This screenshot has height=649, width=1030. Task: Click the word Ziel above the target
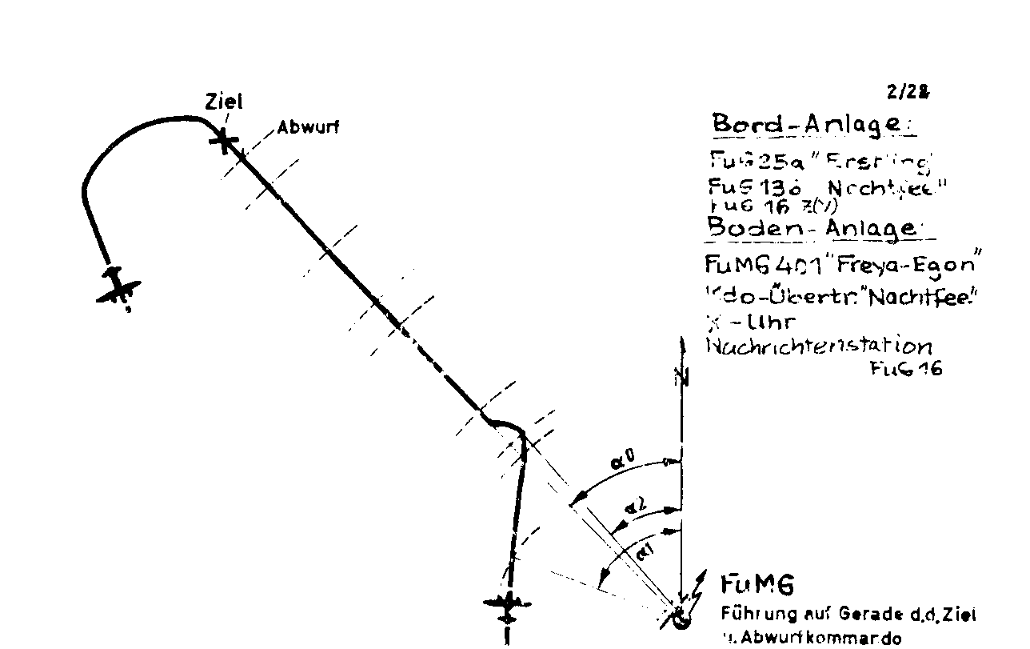pyautogui.click(x=224, y=102)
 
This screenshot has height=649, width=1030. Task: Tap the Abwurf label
pyautogui.click(x=307, y=127)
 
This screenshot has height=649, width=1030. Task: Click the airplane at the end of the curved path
pyautogui.click(x=118, y=286)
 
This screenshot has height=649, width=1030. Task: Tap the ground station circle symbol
pyautogui.click(x=681, y=619)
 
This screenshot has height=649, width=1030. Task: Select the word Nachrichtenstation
pyautogui.click(x=819, y=346)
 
